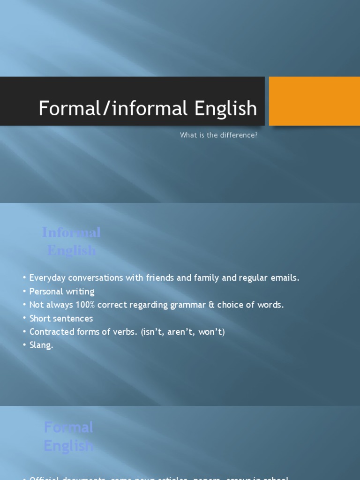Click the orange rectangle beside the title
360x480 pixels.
(x=314, y=101)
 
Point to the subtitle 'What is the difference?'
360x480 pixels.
(x=219, y=135)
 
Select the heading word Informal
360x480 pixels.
(x=71, y=232)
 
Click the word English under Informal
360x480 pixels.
(x=71, y=250)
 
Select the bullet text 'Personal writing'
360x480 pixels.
(x=62, y=292)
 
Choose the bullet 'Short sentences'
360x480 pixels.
(x=61, y=318)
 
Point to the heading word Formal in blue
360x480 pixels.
(x=68, y=427)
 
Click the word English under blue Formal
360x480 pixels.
(x=68, y=446)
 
